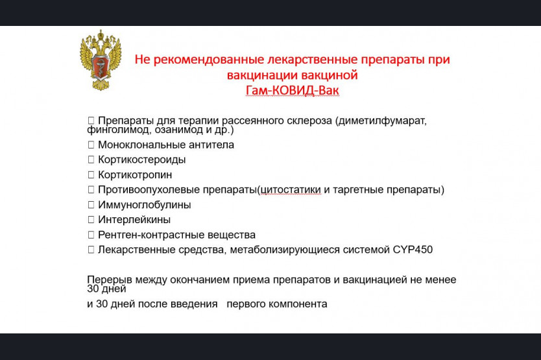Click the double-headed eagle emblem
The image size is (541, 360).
(x=101, y=60)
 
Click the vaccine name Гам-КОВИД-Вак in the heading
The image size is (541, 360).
(x=293, y=90)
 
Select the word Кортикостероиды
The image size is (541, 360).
(x=142, y=160)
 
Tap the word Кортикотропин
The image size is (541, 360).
(x=135, y=174)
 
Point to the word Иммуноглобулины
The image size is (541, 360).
(x=144, y=205)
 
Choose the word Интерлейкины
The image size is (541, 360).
(x=134, y=219)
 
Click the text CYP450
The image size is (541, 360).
(x=413, y=250)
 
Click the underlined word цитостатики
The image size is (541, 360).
(x=291, y=190)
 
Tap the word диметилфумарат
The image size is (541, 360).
(x=382, y=121)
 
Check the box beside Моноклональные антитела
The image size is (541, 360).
(x=91, y=145)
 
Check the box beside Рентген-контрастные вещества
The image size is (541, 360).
(x=91, y=235)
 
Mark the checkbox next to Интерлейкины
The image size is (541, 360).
(x=91, y=219)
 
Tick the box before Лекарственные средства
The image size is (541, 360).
(x=91, y=250)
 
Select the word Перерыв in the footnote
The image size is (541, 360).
(x=110, y=280)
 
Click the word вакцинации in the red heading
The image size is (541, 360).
(x=262, y=75)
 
